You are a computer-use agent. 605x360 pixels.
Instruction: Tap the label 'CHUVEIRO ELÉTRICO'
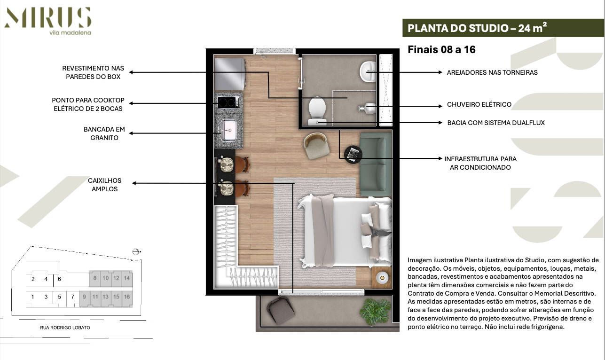tap(479, 104)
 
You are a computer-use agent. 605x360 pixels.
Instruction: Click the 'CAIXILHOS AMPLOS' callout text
tap(104, 184)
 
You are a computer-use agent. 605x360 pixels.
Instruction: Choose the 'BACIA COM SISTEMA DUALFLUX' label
tap(496, 123)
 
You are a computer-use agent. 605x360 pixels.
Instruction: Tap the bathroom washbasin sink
tap(368, 72)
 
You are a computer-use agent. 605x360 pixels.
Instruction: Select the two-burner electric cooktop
tap(228, 102)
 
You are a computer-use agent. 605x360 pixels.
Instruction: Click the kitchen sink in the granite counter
tap(229, 130)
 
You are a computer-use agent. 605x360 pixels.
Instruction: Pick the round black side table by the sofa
tap(353, 154)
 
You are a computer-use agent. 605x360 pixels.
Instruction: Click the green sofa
tap(376, 164)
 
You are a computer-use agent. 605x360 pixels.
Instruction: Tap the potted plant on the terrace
tap(375, 312)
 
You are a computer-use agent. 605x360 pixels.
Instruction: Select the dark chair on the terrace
tap(280, 311)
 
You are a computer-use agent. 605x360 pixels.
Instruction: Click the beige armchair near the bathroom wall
tap(316, 146)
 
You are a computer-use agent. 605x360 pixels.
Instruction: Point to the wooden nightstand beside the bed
tap(381, 278)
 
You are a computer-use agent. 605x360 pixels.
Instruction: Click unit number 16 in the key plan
tap(126, 297)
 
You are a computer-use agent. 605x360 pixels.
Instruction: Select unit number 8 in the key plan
tap(95, 278)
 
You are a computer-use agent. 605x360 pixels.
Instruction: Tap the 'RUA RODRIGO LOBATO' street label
tap(65, 328)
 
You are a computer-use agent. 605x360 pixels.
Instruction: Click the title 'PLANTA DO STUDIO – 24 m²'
tap(477, 28)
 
